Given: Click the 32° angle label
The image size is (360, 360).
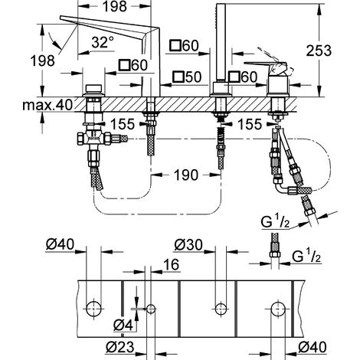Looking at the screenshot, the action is click(x=103, y=42).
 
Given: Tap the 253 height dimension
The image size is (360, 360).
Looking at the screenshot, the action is click(x=319, y=51).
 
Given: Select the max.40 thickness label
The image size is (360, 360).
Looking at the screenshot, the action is click(x=47, y=104).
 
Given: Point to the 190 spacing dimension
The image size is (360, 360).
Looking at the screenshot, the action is click(x=185, y=175).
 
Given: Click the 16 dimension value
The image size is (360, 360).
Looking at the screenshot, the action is click(x=172, y=264).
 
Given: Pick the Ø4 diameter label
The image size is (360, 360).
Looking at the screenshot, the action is click(x=123, y=326).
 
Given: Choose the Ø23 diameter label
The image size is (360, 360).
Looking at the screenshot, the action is click(x=120, y=347).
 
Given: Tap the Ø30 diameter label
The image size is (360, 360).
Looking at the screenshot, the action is click(x=188, y=245).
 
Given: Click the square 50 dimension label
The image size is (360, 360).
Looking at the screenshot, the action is click(x=187, y=77).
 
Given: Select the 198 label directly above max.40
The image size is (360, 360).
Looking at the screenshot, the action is click(x=42, y=61).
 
